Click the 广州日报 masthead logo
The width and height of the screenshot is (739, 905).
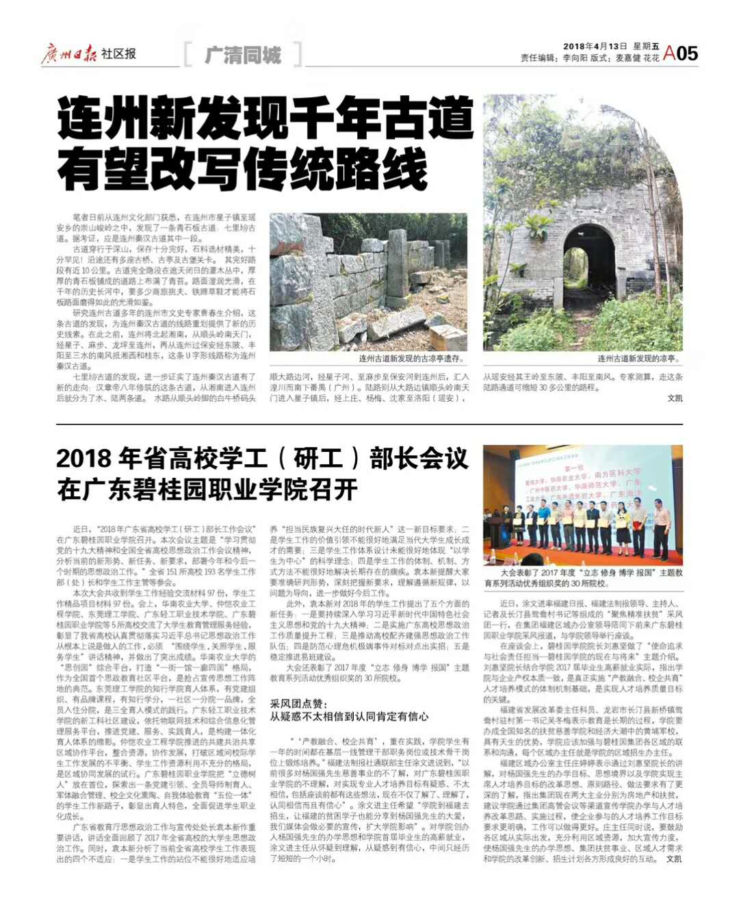69,53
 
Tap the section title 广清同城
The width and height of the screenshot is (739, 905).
243,55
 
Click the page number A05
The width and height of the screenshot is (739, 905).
681,53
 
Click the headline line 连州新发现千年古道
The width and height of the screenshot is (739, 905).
265,118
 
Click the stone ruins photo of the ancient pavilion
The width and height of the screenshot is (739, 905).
368,281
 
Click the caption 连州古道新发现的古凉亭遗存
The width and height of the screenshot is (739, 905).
411,359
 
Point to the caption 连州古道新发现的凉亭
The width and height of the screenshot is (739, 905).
638,359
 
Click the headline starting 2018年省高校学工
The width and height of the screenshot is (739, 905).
262,459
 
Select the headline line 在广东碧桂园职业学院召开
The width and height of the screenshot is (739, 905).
207,490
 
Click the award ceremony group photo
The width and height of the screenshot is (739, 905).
583,505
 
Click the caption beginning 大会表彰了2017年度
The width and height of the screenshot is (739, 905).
583,578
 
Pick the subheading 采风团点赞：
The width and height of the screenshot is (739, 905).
299,703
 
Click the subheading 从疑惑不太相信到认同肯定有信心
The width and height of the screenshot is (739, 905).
349,716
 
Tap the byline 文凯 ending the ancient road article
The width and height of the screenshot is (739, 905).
675,398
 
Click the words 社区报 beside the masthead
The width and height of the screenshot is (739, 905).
118,53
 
